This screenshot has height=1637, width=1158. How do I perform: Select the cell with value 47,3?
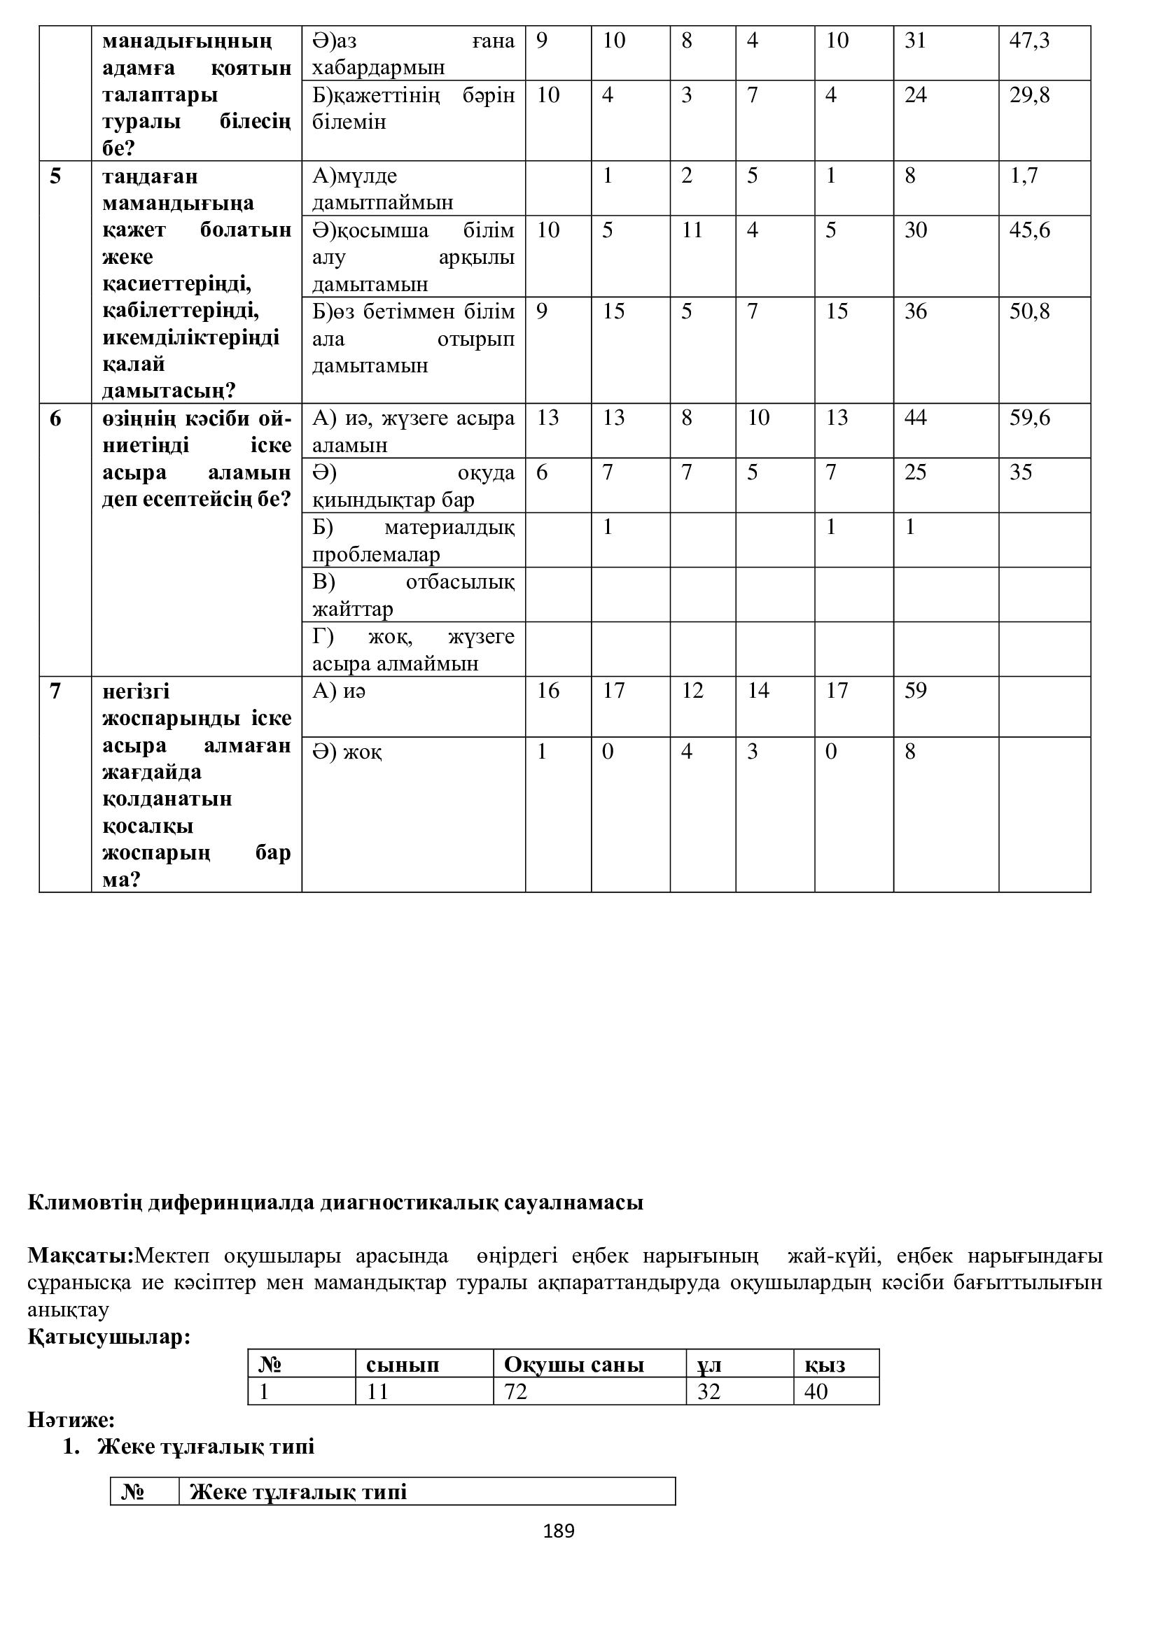coord(1029,41)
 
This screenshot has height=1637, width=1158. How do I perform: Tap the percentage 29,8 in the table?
coord(1029,94)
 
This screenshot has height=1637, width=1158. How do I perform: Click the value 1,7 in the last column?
coord(1024,176)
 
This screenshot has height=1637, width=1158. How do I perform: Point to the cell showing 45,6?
coord(1029,230)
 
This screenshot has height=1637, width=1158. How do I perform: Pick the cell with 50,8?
coord(1029,311)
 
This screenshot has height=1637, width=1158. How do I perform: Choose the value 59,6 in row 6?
coord(1029,417)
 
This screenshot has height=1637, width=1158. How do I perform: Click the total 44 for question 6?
coord(915,417)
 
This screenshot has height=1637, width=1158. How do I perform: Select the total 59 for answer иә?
coord(915,690)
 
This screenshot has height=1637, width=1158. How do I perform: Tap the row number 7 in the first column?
coord(55,690)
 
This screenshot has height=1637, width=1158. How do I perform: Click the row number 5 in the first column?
coord(55,176)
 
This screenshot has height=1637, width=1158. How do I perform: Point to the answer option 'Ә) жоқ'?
coord(347,752)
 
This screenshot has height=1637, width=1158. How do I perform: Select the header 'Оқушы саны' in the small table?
coord(573,1365)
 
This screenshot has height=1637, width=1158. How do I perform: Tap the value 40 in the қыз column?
coord(816,1391)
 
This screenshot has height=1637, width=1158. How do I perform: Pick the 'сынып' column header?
coord(402,1365)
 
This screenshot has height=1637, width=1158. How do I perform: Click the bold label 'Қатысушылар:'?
coord(109,1337)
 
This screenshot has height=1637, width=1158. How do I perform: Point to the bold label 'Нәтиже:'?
coord(71,1419)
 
